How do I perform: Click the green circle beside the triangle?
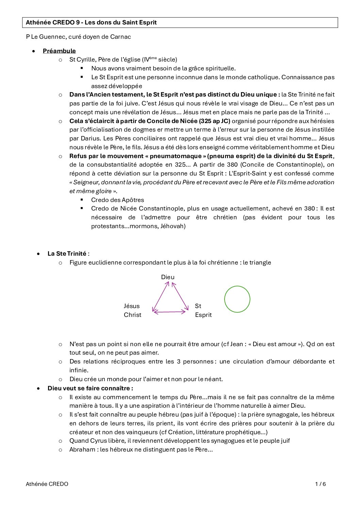point(237,299)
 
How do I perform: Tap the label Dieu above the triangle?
point(168,277)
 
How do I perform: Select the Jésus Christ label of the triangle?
point(132,310)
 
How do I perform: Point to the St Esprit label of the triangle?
point(203,310)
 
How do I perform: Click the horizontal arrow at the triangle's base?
point(170,311)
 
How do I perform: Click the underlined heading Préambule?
point(59,51)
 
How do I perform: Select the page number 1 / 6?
point(320,484)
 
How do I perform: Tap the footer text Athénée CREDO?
point(47,484)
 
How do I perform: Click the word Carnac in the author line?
point(120,37)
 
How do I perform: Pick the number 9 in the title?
point(78,22)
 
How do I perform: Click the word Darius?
point(90,138)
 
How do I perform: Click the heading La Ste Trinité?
point(67,254)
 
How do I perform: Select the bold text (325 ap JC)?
point(215,121)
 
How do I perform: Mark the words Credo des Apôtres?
point(117,200)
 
